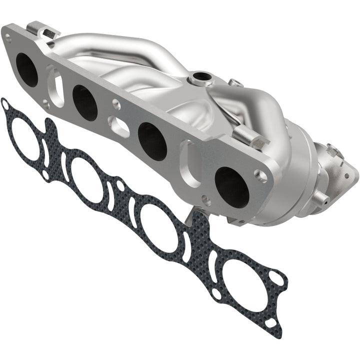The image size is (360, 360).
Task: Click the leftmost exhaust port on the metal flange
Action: click(26, 70)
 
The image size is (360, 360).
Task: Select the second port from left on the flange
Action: click(84, 102)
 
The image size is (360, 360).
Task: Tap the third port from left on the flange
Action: click(152, 141)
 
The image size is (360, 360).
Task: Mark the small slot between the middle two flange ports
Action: click(120, 126)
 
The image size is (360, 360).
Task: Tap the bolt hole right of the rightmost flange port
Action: click(260, 175)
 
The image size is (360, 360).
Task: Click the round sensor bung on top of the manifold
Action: click(201, 77)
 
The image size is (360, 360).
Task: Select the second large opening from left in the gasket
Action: click(87, 180)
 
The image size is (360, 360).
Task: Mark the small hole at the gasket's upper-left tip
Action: click(5, 105)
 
